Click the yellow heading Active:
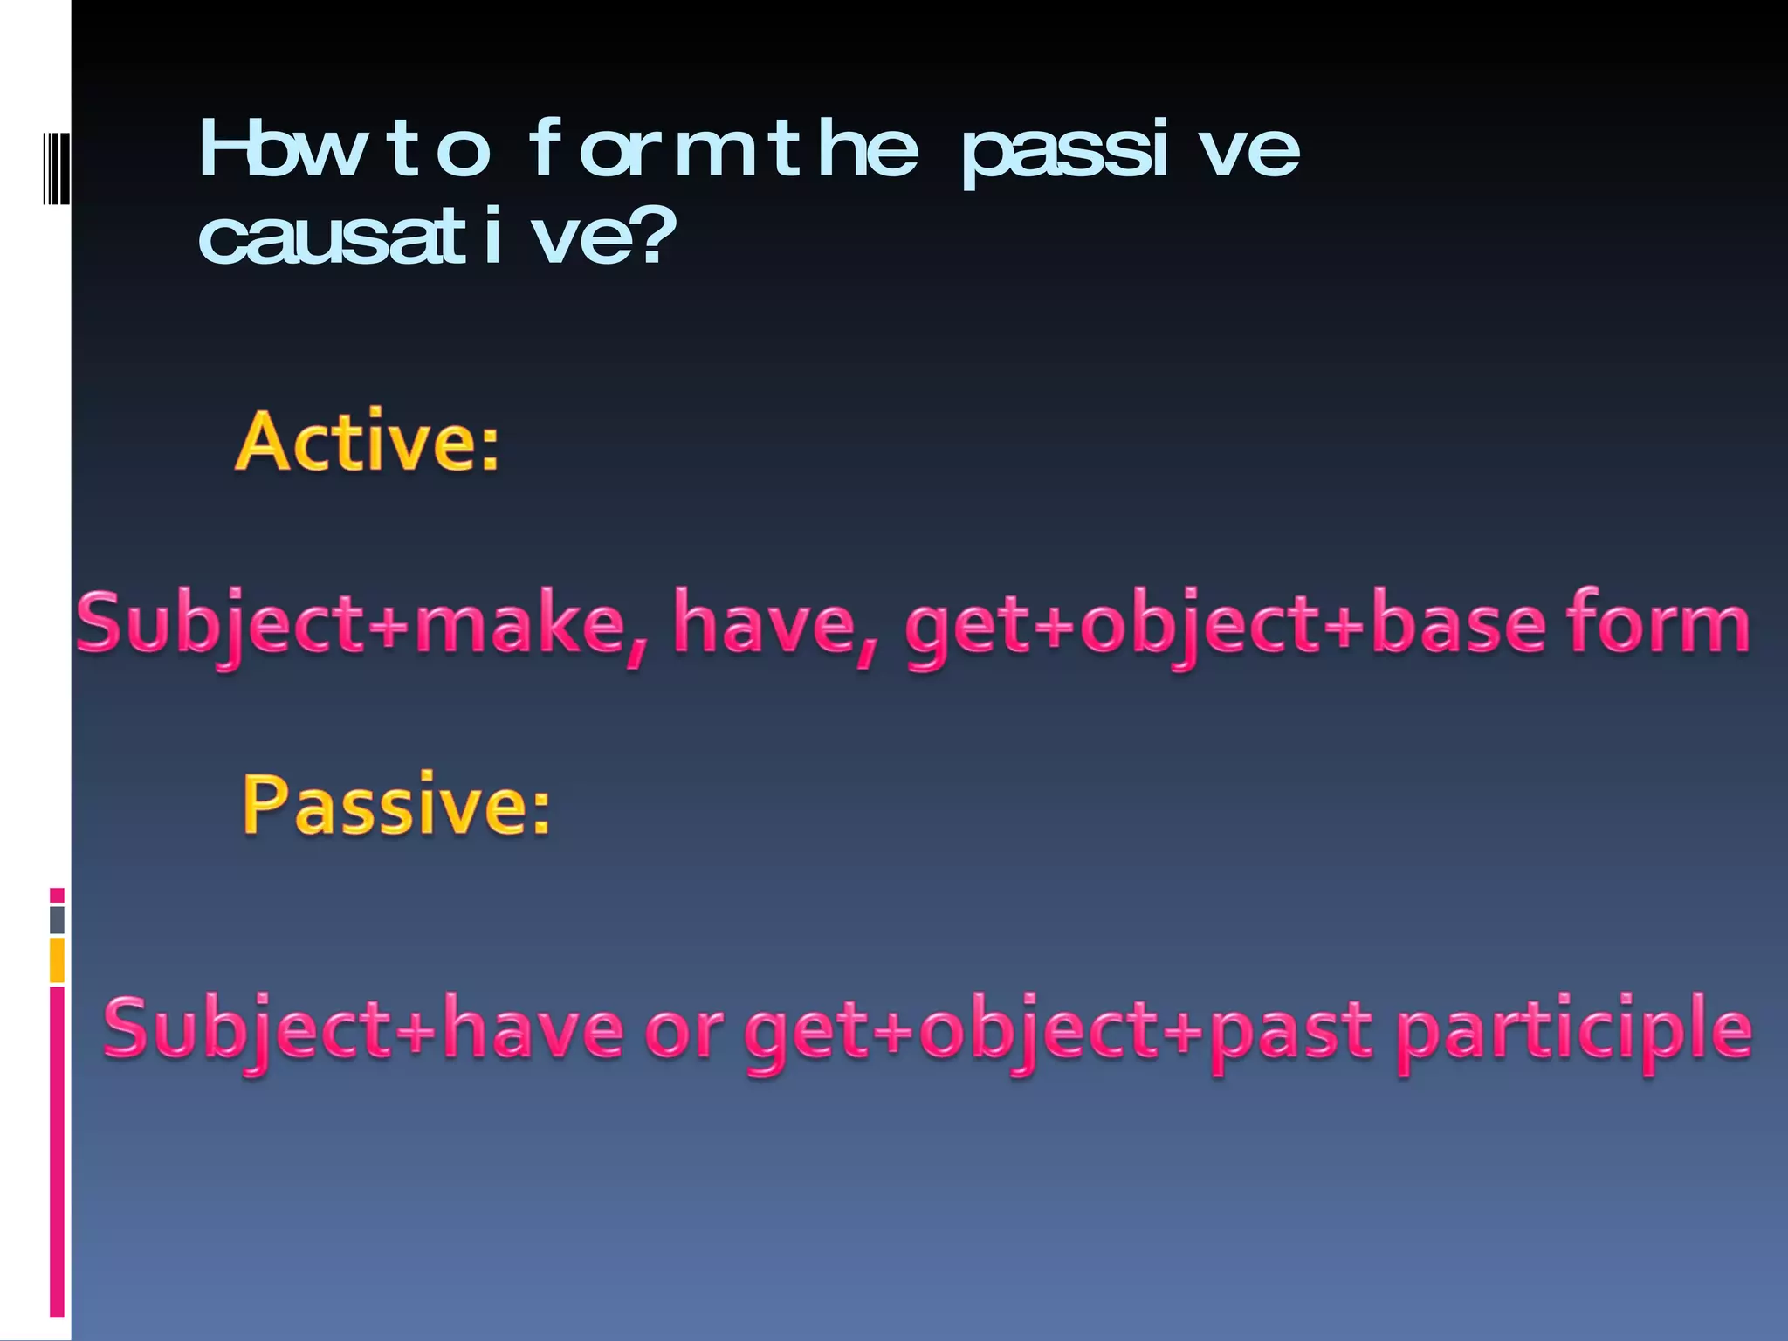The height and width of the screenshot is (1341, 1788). (x=367, y=443)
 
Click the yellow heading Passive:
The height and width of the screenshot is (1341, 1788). (x=396, y=805)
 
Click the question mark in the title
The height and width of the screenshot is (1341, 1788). (x=657, y=237)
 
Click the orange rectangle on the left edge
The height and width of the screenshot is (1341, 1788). (x=57, y=959)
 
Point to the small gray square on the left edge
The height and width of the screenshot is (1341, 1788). (x=57, y=919)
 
